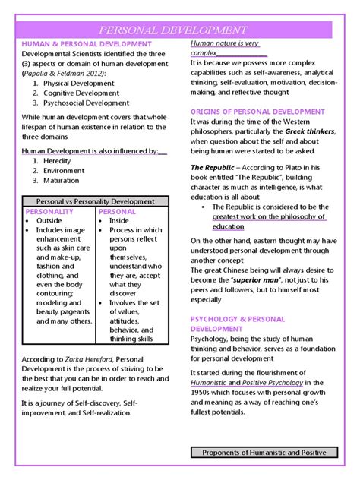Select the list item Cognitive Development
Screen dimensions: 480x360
tap(81, 93)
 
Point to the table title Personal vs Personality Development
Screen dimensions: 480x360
tap(95, 201)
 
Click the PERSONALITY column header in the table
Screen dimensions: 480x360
tap(49, 211)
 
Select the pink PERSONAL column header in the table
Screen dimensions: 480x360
tap(118, 211)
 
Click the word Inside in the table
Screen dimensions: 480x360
tap(120, 220)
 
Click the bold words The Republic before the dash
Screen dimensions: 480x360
tap(213, 167)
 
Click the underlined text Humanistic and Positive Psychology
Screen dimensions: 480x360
tap(249, 382)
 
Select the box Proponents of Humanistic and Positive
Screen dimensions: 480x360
tap(264, 452)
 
